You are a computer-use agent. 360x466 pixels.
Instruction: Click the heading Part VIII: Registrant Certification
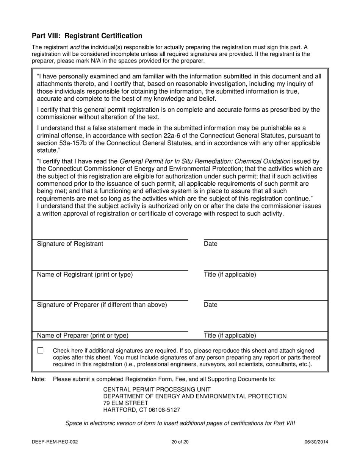tap(87, 36)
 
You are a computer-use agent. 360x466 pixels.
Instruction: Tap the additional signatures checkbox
tap(41, 351)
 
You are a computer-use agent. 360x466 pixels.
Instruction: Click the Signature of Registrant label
tap(70, 244)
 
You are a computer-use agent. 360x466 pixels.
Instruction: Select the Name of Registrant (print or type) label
tap(85, 275)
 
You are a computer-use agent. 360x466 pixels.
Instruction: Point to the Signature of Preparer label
tap(102, 305)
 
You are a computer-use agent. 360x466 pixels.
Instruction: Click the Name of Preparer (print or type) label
tap(83, 335)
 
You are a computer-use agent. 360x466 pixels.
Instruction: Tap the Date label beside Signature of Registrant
tap(211, 244)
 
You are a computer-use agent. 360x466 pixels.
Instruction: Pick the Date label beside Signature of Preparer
tap(211, 305)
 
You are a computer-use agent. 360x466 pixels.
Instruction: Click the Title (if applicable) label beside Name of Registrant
tap(230, 275)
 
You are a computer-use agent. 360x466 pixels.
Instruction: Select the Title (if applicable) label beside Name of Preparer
tap(230, 335)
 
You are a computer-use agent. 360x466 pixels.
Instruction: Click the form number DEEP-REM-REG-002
tap(55, 442)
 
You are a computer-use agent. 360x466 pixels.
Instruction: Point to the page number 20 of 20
tap(180, 442)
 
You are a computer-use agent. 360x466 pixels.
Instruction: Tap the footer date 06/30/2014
tap(316, 442)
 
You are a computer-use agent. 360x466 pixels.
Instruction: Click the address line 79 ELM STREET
tap(126, 403)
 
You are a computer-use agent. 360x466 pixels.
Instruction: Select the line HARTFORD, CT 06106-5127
tap(142, 410)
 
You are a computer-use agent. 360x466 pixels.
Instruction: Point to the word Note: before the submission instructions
tap(39, 379)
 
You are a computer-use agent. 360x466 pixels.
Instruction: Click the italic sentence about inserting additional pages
tap(180, 423)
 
